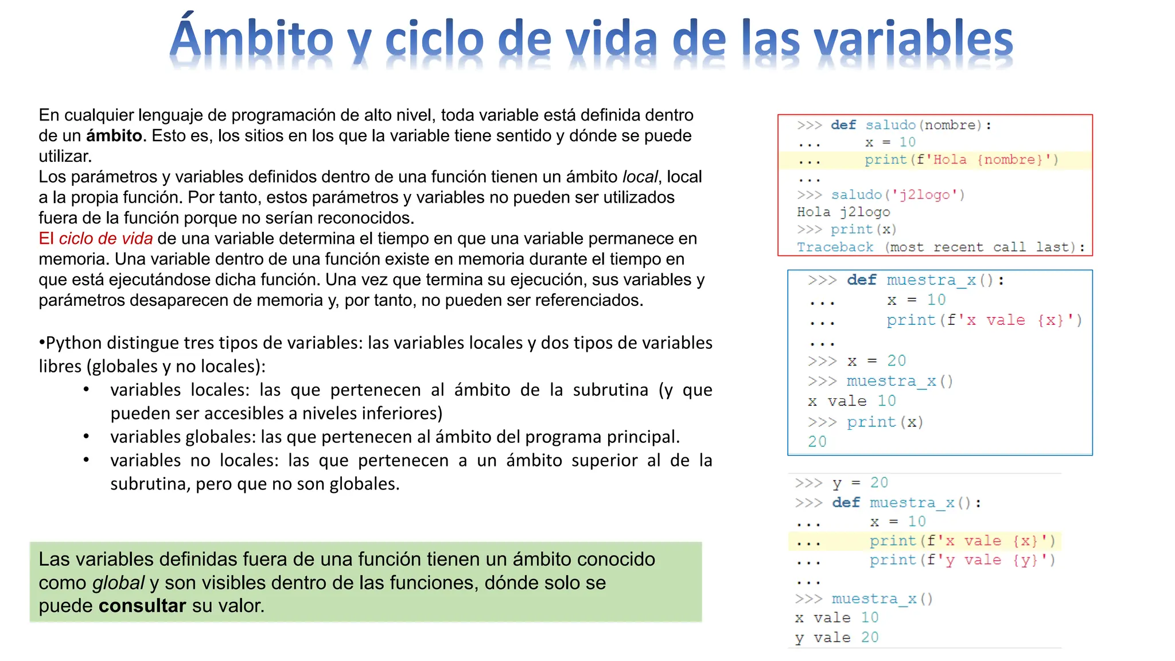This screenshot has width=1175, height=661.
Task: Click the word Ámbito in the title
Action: pyautogui.click(x=251, y=39)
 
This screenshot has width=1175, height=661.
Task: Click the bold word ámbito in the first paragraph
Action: pyautogui.click(x=114, y=136)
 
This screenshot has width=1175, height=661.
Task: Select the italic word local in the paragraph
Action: pyautogui.click(x=640, y=177)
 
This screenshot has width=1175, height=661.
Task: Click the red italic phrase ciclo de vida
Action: pyautogui.click(x=106, y=239)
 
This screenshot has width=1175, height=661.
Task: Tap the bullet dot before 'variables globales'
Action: pyautogui.click(x=86, y=437)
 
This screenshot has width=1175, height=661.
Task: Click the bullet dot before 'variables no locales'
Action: pyautogui.click(x=86, y=460)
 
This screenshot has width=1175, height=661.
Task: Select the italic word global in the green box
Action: pyautogui.click(x=118, y=583)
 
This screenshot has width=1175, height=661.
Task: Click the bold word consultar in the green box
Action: pyautogui.click(x=142, y=606)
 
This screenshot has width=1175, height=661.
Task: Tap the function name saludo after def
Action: pyautogui.click(x=890, y=125)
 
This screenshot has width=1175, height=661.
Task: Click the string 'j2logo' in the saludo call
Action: pyautogui.click(x=924, y=195)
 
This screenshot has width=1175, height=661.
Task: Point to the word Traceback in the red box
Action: pyautogui.click(x=835, y=247)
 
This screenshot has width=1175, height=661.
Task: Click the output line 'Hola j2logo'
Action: pyautogui.click(x=843, y=212)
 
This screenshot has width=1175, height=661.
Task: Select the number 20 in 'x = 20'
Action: pyautogui.click(x=896, y=361)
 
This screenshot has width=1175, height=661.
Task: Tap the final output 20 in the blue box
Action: pyautogui.click(x=817, y=442)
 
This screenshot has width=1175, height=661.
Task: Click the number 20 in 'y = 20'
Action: pyautogui.click(x=879, y=483)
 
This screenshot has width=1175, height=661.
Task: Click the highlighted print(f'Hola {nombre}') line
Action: pyautogui.click(x=961, y=160)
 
